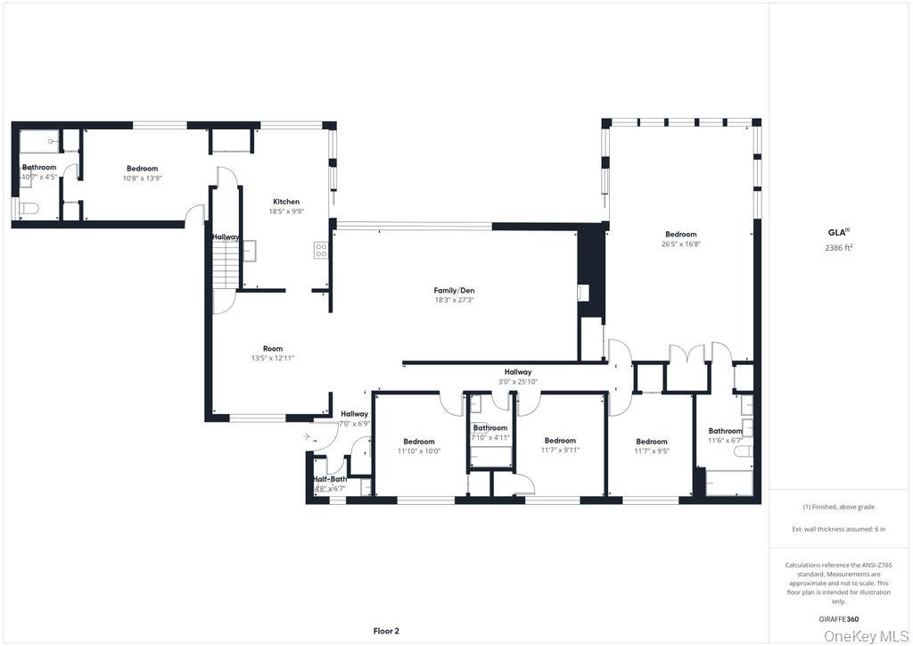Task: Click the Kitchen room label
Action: pyautogui.click(x=285, y=202)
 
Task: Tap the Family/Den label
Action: pyautogui.click(x=454, y=290)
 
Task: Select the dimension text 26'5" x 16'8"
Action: pyautogui.click(x=680, y=244)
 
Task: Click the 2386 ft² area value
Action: pyautogui.click(x=839, y=248)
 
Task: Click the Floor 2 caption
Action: pyautogui.click(x=385, y=631)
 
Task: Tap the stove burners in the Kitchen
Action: pyautogui.click(x=320, y=251)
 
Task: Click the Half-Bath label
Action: pyautogui.click(x=329, y=479)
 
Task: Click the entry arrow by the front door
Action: pyautogui.click(x=306, y=437)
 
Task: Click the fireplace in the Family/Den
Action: pyautogui.click(x=582, y=292)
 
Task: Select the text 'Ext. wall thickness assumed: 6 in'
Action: pyautogui.click(x=839, y=529)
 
